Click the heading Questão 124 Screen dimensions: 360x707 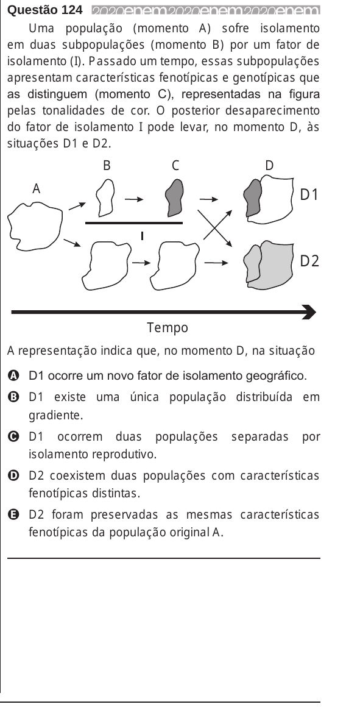(46, 10)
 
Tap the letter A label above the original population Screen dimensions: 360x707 (37, 190)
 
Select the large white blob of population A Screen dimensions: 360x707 (35, 226)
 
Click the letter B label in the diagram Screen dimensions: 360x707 (107, 166)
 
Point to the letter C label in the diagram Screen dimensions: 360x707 (175, 166)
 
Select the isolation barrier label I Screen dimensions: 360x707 (142, 235)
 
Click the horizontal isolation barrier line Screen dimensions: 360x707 (134, 222)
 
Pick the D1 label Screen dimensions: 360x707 (309, 195)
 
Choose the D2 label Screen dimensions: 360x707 (309, 261)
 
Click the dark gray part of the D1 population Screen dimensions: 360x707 (252, 197)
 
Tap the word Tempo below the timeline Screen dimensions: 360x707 (168, 328)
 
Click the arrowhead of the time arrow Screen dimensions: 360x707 (309, 312)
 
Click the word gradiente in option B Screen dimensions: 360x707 (56, 416)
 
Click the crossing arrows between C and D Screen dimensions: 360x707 (215, 228)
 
